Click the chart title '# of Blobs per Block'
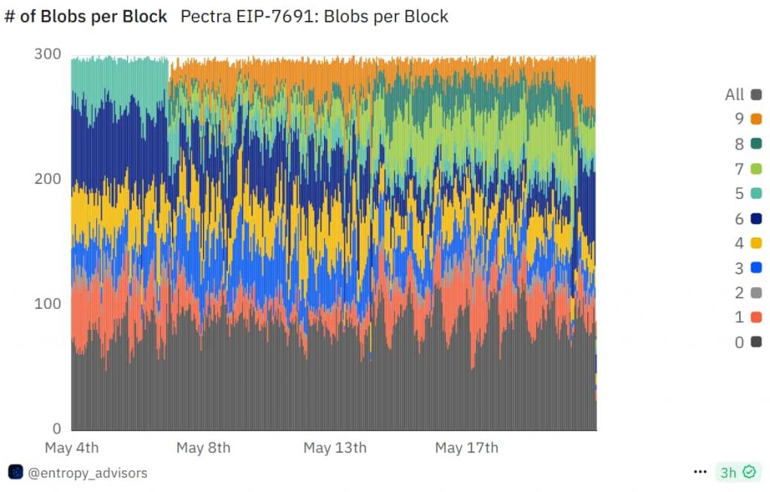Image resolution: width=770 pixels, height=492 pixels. tap(86, 17)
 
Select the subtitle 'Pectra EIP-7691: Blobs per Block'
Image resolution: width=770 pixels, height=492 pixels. tap(314, 17)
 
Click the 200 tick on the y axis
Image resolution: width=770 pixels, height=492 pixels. tap(47, 179)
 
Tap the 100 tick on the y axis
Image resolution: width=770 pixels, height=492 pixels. tap(47, 303)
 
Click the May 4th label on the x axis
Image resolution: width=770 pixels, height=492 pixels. tap(71, 448)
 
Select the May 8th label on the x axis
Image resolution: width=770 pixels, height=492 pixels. tap(203, 448)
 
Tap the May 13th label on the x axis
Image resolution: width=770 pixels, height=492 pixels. tap(335, 448)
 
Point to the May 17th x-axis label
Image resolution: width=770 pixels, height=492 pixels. tap(466, 448)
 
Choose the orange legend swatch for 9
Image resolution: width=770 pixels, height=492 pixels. tap(756, 119)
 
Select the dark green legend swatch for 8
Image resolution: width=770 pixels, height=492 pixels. tap(756, 143)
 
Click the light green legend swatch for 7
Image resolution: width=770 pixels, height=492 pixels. tap(756, 168)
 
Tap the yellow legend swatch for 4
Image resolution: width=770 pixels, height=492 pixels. tap(756, 243)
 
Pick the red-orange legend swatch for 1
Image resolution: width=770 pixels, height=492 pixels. tap(756, 318)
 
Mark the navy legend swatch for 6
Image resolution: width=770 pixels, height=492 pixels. tap(756, 219)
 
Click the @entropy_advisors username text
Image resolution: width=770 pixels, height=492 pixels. tap(87, 472)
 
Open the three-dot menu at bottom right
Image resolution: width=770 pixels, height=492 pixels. tap(700, 472)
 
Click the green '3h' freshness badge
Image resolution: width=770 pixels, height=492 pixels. tap(737, 472)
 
